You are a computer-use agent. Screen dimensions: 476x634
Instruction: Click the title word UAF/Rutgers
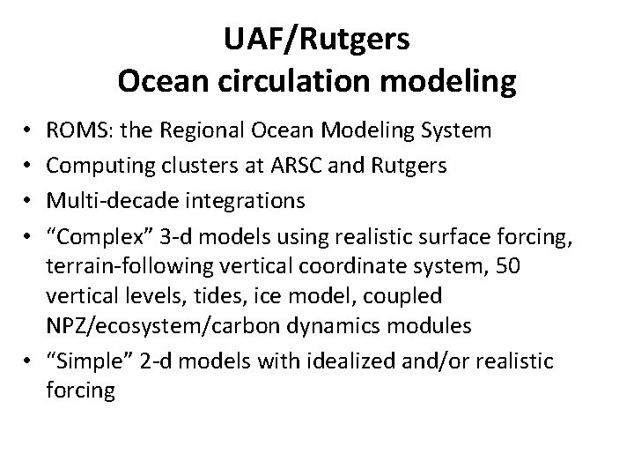click(317, 40)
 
